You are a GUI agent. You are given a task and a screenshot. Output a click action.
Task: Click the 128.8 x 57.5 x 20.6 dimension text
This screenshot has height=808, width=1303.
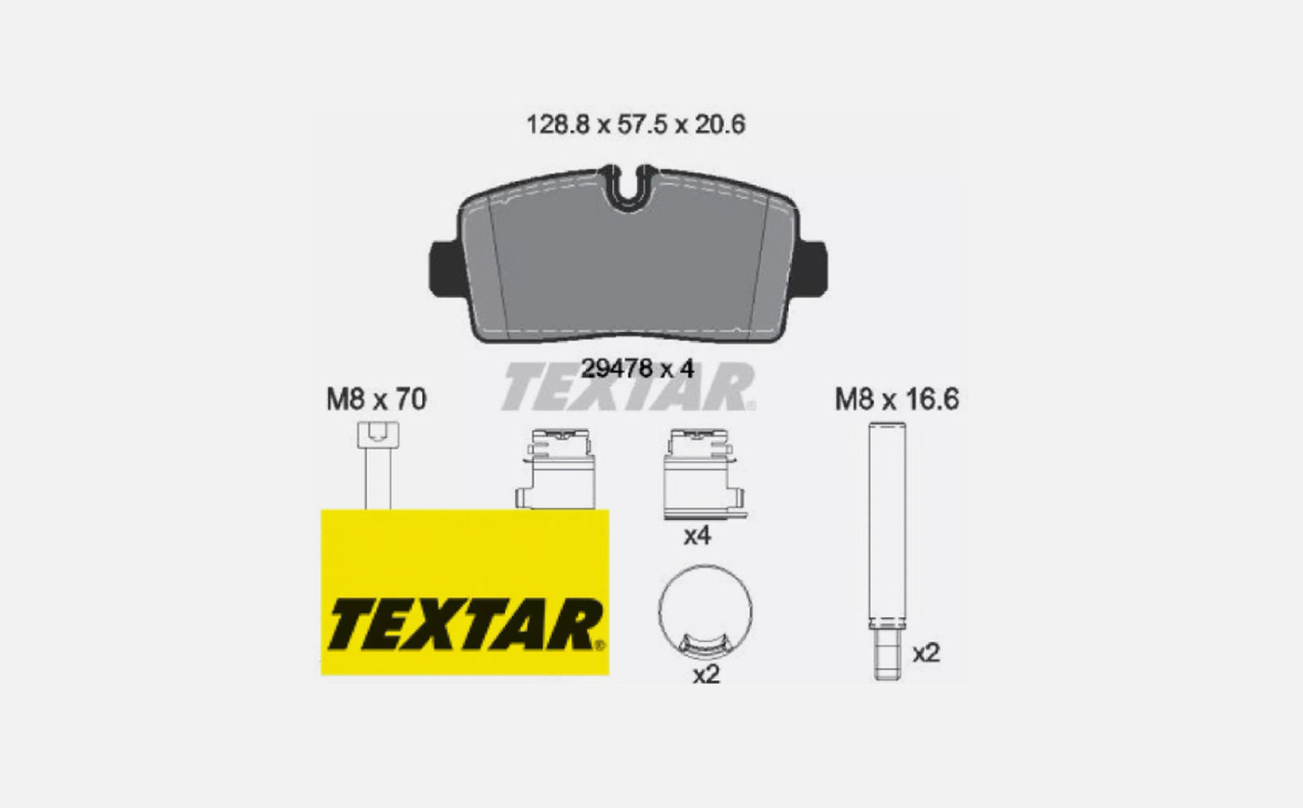click(x=636, y=124)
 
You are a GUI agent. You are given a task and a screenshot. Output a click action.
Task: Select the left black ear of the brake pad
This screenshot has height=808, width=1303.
click(x=444, y=267)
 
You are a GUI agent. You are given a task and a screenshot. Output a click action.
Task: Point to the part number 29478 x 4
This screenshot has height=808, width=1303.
click(x=637, y=369)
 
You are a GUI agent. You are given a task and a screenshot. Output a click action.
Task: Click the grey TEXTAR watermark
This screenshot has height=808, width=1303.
click(x=629, y=389)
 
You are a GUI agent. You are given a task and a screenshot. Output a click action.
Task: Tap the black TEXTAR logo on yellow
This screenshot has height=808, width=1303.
click(x=463, y=625)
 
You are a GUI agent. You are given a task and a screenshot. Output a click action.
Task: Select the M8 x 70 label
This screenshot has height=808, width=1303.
click(x=376, y=399)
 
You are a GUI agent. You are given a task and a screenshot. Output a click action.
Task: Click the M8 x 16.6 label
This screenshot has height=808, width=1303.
click(x=896, y=399)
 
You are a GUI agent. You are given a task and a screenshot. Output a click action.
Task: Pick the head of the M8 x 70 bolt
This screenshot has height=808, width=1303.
click(x=378, y=435)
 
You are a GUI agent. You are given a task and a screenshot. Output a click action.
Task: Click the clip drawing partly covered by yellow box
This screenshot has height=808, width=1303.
click(x=555, y=469)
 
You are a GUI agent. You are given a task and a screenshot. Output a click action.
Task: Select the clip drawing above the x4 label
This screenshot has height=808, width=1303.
click(x=702, y=473)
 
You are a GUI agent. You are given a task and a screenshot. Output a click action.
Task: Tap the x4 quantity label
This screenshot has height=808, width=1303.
click(x=697, y=537)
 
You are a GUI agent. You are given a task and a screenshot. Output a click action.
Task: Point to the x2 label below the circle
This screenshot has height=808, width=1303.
click(x=705, y=674)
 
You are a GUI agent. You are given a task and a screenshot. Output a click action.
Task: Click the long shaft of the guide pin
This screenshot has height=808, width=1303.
click(x=887, y=523)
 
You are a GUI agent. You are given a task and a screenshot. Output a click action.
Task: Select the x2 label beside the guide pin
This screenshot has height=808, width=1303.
click(x=926, y=653)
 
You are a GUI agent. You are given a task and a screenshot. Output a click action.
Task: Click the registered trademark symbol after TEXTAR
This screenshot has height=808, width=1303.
click(x=600, y=645)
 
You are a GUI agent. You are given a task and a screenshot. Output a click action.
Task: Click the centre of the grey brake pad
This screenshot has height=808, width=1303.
click(x=631, y=266)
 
